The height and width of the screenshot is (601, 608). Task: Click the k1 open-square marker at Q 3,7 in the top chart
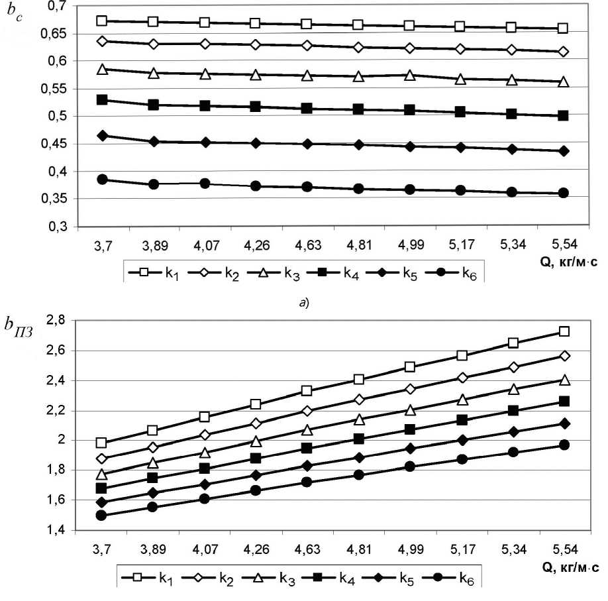pos(102,21)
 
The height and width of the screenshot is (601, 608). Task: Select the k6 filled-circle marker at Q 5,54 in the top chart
pos(563,193)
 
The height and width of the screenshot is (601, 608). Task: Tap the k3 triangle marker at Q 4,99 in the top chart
pos(410,75)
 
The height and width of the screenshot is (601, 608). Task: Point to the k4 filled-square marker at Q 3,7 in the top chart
pos(102,99)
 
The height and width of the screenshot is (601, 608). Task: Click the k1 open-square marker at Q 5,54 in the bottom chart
pos(564,331)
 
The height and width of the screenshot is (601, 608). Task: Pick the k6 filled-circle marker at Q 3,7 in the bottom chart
pos(101,515)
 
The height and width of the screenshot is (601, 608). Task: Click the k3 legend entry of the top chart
pos(279,271)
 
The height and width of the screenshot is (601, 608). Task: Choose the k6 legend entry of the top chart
pos(456,271)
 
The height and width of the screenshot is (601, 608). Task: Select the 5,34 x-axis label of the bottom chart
pos(513,549)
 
